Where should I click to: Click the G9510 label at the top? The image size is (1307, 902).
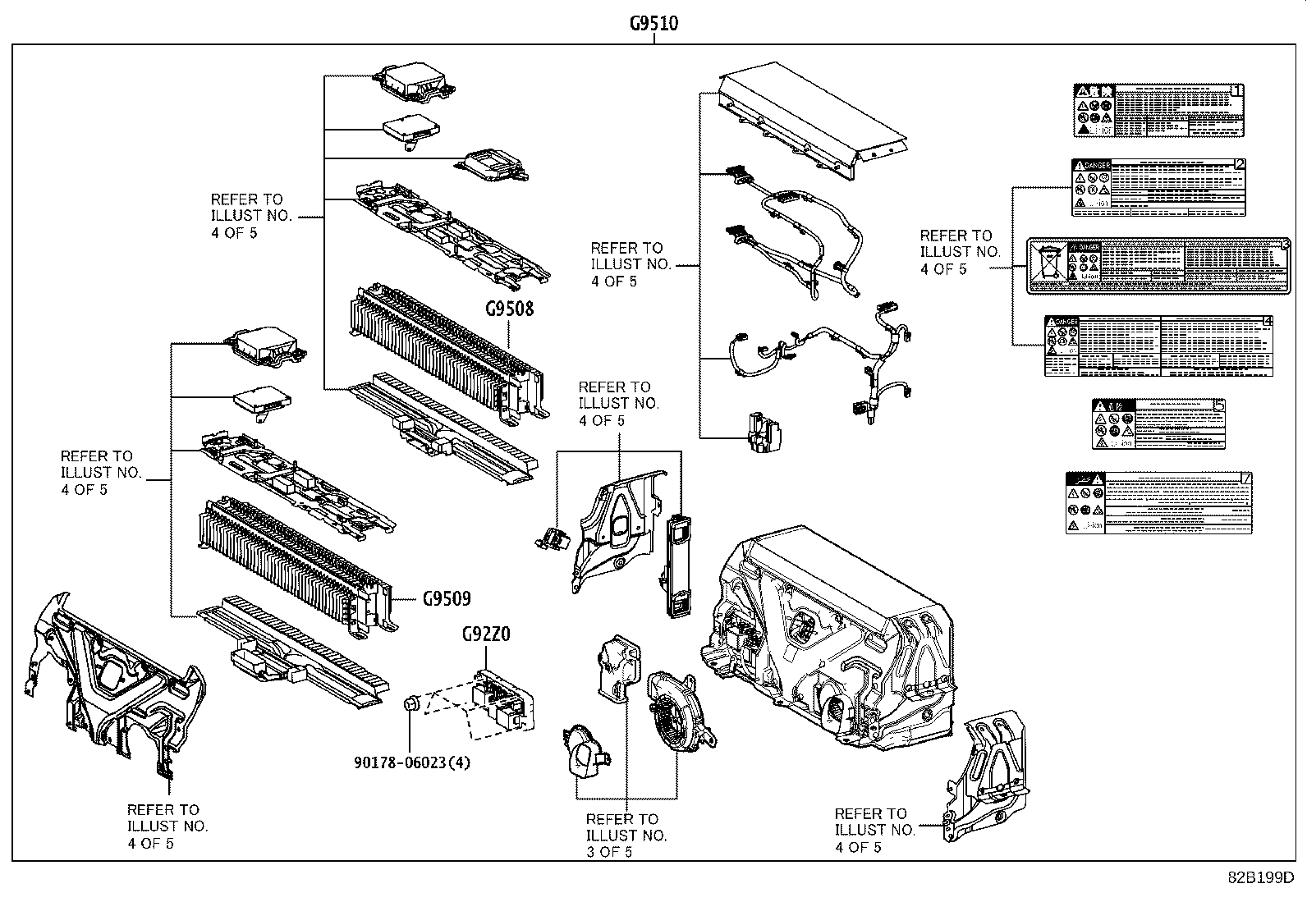[x=653, y=23]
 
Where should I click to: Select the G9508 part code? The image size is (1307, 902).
[x=509, y=309]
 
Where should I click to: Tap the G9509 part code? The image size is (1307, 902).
[x=447, y=598]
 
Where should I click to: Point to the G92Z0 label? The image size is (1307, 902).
[x=486, y=634]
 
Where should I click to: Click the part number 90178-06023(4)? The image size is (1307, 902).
[x=412, y=762]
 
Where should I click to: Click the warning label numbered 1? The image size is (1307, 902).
[x=1158, y=110]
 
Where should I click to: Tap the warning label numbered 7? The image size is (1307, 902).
[x=1158, y=503]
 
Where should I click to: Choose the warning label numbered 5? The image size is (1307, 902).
[x=1158, y=424]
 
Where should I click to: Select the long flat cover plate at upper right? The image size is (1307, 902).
[x=813, y=123]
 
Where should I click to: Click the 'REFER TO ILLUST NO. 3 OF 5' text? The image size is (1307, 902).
[x=625, y=835]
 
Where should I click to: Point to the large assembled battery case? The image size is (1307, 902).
[x=829, y=640]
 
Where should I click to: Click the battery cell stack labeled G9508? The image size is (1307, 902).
[x=443, y=353]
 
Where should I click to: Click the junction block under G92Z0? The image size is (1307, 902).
[x=502, y=698]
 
